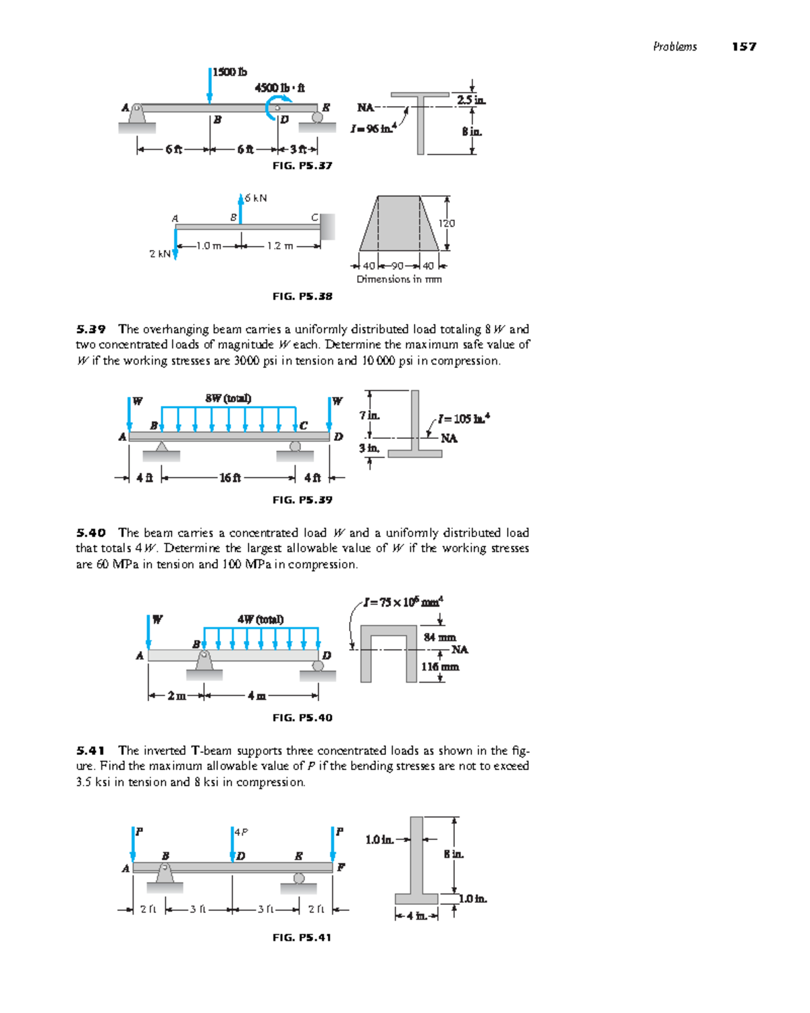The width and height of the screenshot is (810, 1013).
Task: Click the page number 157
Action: point(744,47)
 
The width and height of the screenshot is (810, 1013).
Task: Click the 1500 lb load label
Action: point(230,72)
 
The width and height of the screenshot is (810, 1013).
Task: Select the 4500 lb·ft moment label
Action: point(279,88)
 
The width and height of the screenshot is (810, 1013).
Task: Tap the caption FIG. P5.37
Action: point(302,165)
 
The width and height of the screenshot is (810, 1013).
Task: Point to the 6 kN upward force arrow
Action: point(241,208)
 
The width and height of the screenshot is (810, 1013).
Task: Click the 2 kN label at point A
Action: point(159,254)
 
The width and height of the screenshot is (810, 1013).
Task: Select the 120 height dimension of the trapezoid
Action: point(447,223)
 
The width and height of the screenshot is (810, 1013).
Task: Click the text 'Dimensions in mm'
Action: point(399,279)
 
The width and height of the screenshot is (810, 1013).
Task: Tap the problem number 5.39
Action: point(91,330)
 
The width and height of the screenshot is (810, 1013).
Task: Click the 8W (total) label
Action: point(228,398)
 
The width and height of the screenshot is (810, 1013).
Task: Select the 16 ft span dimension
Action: point(230,478)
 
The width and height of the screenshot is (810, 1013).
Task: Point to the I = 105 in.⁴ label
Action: point(463,419)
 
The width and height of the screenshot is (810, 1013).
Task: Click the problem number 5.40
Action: point(91,533)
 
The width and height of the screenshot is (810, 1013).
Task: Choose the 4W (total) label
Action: point(261,619)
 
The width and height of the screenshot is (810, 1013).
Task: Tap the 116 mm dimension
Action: point(440,667)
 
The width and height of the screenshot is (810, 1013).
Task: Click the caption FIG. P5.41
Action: point(302,937)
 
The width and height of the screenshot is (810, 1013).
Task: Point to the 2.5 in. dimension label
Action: point(470,100)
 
